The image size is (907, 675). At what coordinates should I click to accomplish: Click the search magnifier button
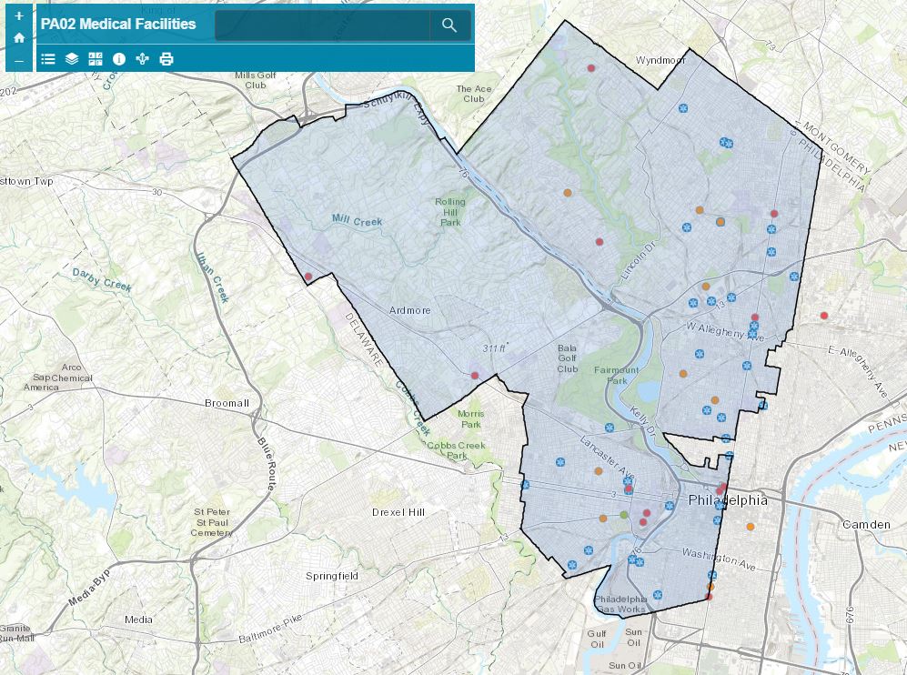click(449, 25)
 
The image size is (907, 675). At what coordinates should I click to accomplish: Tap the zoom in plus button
click(19, 16)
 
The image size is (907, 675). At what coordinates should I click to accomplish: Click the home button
click(19, 38)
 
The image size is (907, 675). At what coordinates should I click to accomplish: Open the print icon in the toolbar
click(166, 59)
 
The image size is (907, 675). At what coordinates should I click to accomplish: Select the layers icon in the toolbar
click(72, 59)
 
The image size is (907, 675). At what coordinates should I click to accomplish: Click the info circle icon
click(119, 59)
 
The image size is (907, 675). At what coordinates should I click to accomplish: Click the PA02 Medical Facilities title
click(118, 25)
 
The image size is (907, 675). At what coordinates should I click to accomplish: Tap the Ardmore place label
click(409, 311)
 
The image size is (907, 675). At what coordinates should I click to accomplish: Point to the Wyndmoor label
click(660, 61)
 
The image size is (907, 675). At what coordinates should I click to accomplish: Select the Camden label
click(866, 525)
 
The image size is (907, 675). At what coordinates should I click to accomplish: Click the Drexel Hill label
click(398, 512)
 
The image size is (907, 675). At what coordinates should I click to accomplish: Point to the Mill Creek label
click(357, 221)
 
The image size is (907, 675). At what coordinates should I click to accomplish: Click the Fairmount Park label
click(617, 376)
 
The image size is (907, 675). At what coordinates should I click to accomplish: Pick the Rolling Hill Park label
click(450, 212)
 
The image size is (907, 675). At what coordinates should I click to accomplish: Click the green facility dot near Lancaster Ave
click(623, 516)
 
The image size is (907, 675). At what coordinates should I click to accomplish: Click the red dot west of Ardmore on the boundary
click(308, 277)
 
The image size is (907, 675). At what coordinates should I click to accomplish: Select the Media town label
click(138, 620)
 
